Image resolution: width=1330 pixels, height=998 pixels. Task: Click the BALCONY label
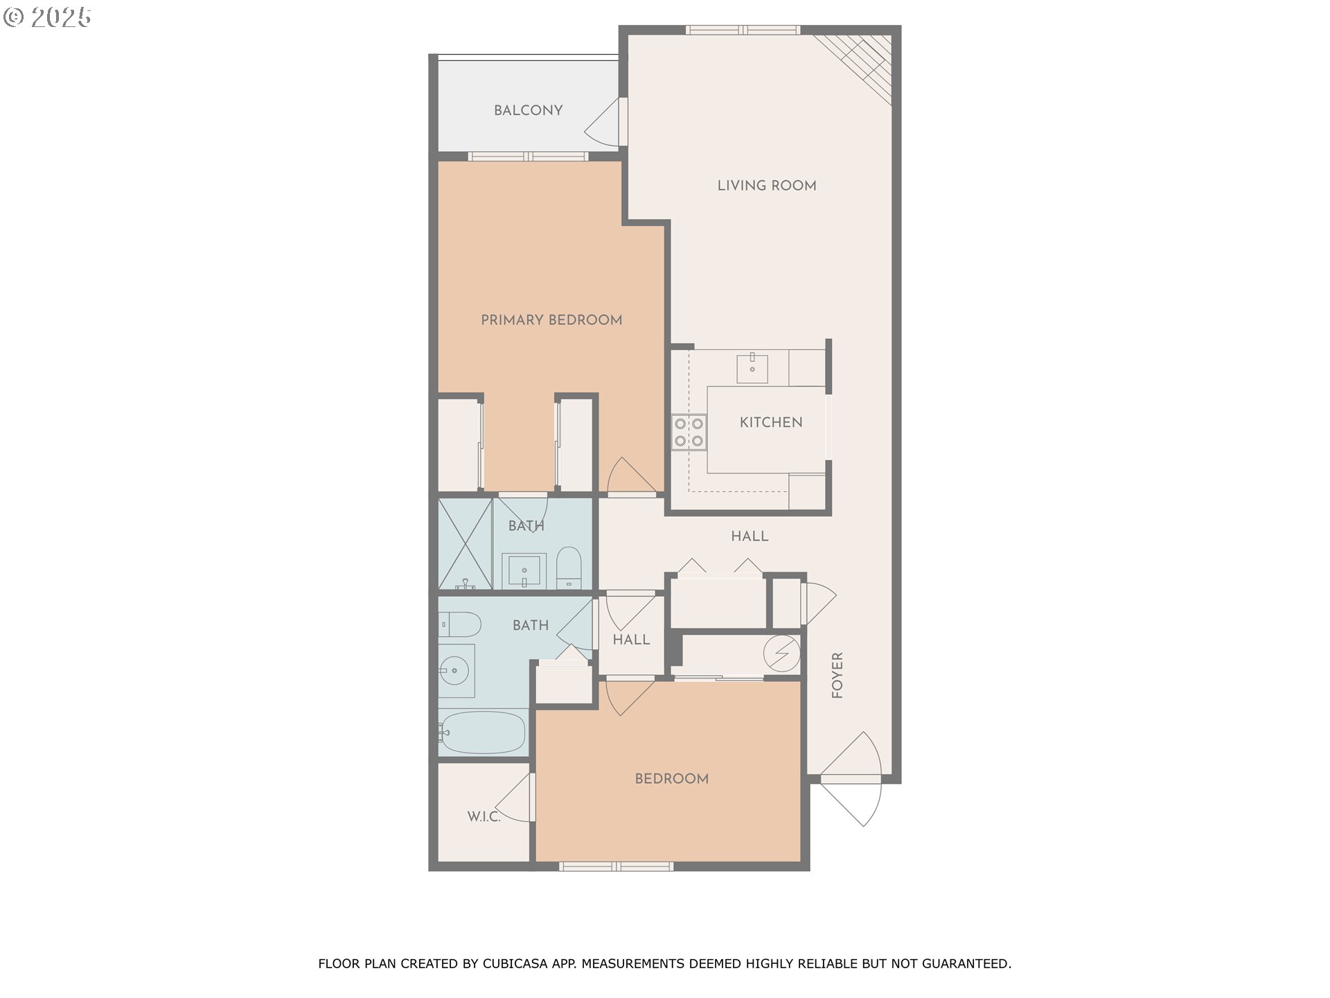528,110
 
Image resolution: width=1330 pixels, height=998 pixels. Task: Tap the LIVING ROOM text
766,185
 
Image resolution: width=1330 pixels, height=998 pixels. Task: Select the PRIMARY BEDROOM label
551,319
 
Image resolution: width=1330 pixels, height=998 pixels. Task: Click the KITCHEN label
770,422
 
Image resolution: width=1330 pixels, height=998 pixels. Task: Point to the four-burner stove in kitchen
689,432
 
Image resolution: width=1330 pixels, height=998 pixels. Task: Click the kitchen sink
752,368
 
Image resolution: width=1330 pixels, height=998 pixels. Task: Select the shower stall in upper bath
465,543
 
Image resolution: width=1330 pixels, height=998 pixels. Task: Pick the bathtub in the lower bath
482,733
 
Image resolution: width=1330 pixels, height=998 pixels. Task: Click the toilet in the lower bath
459,624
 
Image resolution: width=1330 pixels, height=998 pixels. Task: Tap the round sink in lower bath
454,671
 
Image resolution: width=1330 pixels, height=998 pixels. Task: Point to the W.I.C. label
484,816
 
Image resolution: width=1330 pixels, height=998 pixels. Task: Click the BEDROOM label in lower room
671,778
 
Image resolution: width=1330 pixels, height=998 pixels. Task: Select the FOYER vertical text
837,675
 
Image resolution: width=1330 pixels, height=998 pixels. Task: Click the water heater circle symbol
781,653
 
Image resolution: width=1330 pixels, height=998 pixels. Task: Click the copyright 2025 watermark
47,17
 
